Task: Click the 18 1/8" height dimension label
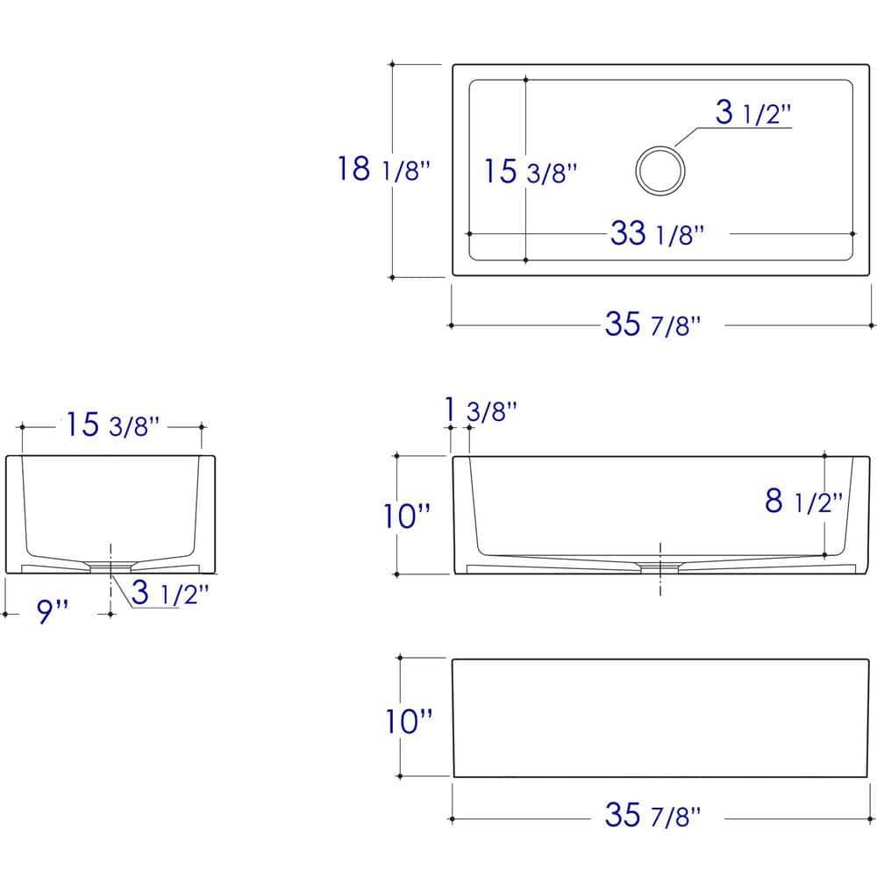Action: [384, 168]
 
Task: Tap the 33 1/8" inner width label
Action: [657, 233]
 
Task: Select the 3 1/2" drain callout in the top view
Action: [752, 112]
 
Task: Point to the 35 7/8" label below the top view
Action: [652, 324]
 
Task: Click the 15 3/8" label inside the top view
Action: [530, 171]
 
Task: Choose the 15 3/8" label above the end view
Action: [112, 424]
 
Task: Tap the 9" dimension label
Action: [53, 610]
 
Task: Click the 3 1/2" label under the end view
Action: [170, 593]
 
